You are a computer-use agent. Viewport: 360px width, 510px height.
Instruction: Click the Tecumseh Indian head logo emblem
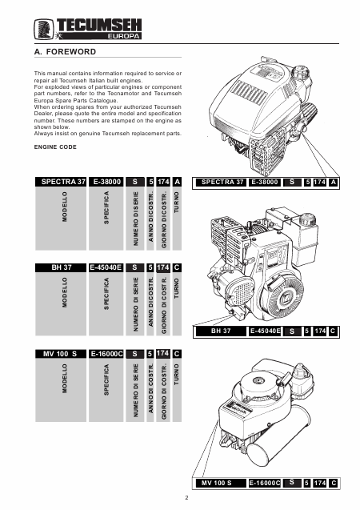coord(44,30)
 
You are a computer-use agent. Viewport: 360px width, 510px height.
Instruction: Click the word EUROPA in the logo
coord(123,36)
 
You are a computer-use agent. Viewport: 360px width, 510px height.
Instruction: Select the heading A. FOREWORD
coord(65,52)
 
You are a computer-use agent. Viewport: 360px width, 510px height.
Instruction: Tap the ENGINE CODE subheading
coord(55,147)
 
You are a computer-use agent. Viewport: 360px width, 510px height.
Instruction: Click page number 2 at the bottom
coord(186,497)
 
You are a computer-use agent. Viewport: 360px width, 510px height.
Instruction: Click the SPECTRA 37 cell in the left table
coord(61,182)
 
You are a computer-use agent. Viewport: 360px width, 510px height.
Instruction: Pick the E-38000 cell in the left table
coord(106,182)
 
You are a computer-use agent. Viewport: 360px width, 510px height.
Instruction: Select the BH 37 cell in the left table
coord(61,267)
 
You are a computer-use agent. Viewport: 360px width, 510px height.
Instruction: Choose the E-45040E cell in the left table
coord(106,267)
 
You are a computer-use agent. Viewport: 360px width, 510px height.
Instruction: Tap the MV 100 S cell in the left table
coord(61,354)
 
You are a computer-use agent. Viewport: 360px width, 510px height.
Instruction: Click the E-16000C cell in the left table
coord(106,354)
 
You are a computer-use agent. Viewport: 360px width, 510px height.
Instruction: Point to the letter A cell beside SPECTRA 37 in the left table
coord(177,182)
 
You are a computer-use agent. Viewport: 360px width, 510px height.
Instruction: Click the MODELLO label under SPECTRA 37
coord(65,207)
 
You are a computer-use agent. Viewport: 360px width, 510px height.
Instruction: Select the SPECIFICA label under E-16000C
coord(106,379)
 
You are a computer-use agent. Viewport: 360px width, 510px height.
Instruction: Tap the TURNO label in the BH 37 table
coord(177,288)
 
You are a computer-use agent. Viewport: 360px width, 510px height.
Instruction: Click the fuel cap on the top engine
coord(300,71)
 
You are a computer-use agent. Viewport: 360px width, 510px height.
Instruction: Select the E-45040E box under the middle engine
coord(265,331)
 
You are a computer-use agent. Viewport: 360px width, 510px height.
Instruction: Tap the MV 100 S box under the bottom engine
coord(221,483)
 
